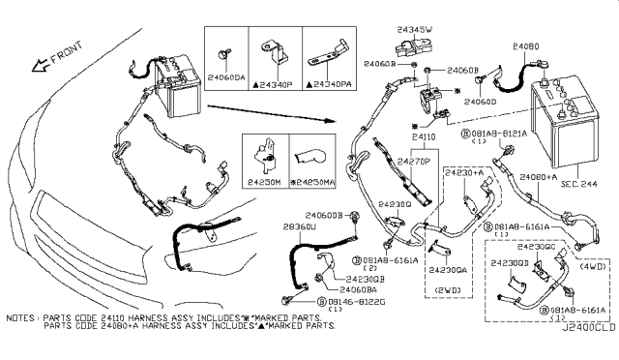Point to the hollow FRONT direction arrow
tap(42, 65)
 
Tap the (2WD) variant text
tap(446, 289)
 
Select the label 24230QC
tap(560, 247)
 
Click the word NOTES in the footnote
tap(20, 316)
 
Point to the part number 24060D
tap(481, 100)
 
